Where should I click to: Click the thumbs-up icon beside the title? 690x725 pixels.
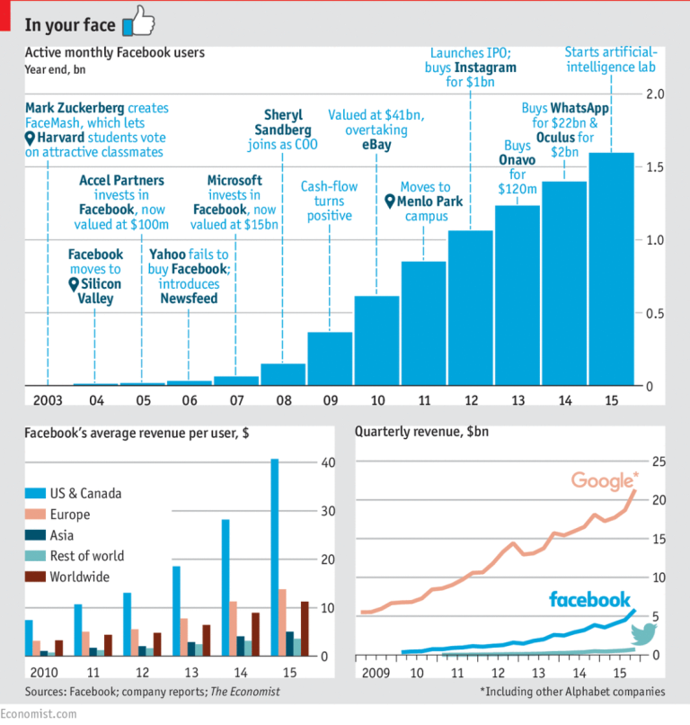[137, 20]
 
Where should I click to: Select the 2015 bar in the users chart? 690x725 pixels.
[611, 270]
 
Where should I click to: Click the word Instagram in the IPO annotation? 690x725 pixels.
[485, 67]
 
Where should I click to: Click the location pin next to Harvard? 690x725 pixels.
[31, 139]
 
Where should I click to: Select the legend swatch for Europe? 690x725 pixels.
[38, 515]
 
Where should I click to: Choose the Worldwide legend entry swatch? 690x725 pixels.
[38, 577]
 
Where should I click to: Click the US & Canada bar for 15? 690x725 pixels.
[274, 558]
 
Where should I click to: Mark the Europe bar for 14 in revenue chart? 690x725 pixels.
[234, 629]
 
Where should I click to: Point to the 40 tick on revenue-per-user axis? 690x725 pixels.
[328, 462]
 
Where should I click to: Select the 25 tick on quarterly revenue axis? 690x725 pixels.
[660, 462]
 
